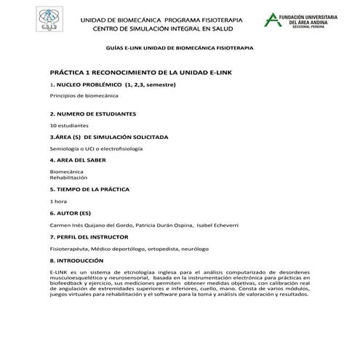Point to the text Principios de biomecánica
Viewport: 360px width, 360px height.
77,95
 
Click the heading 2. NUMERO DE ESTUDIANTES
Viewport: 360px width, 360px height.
93,114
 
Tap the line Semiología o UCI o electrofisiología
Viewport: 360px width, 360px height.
96,148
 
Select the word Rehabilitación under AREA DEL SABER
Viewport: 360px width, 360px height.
68,177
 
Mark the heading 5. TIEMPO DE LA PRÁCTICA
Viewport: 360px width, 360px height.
95,188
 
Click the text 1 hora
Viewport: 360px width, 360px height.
58,200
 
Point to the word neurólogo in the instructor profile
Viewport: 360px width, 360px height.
213,248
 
